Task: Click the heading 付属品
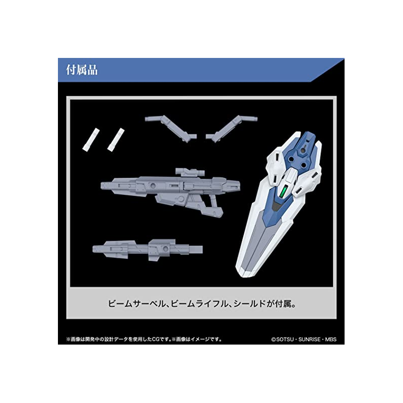point(82,70)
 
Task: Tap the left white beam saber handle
point(91,140)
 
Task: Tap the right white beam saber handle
point(116,140)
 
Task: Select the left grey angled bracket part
point(171,128)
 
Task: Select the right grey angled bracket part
point(232,128)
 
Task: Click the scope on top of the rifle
point(190,172)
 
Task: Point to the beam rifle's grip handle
point(216,206)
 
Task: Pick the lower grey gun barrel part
point(148,250)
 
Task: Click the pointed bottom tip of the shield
point(242,276)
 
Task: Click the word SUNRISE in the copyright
point(309,339)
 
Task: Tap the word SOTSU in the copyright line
point(285,339)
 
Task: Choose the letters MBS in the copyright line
point(330,339)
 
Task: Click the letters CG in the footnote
point(156,339)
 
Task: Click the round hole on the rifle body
point(153,185)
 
